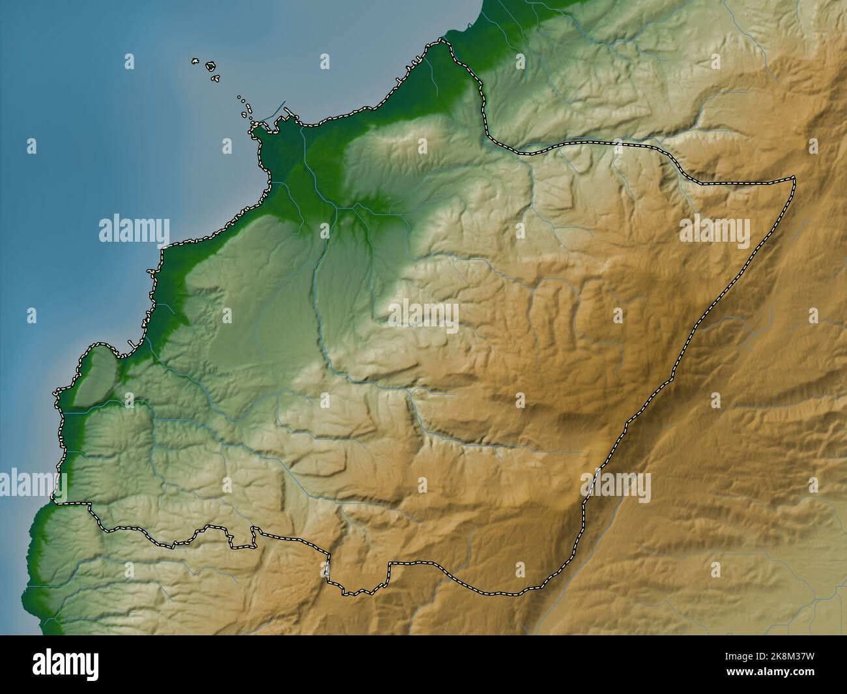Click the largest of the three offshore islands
(x=211, y=66)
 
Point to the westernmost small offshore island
(x=194, y=62)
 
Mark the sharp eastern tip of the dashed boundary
(x=795, y=177)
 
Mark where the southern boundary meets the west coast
(x=57, y=502)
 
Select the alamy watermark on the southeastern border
(x=616, y=486)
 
